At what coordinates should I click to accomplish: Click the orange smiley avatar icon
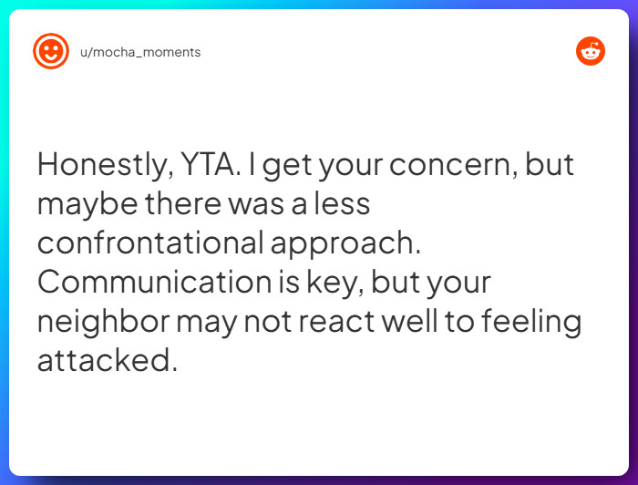pyautogui.click(x=51, y=52)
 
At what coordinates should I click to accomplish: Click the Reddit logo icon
pyautogui.click(x=591, y=52)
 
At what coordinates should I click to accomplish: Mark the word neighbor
pyautogui.click(x=102, y=322)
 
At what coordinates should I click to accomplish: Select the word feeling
pyautogui.click(x=528, y=322)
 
